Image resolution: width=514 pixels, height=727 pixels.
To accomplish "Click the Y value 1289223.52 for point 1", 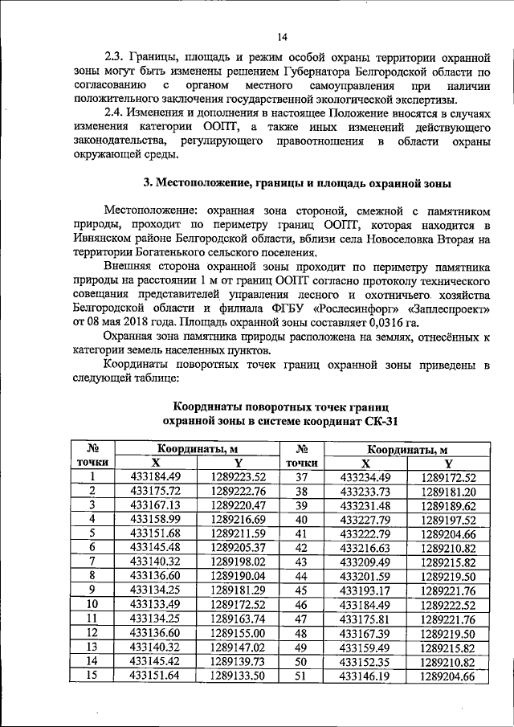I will pos(239,477).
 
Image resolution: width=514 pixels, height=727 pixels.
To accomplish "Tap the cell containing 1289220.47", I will pos(239,504).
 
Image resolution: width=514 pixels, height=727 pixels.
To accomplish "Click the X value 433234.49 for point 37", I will pos(366,477).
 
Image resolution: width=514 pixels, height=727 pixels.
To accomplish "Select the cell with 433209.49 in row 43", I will pos(366,562).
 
